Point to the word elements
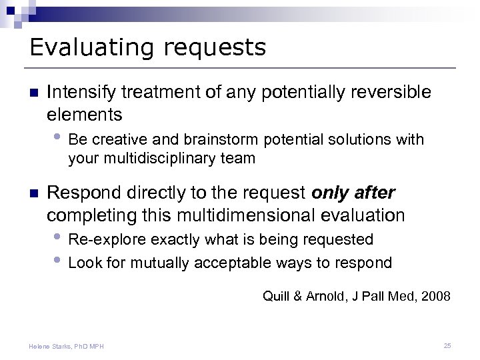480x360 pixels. (85, 115)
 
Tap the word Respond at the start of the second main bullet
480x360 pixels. (83, 193)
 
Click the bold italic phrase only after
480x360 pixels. (353, 193)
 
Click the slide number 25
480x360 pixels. (447, 345)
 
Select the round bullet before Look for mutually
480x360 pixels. (61, 261)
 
